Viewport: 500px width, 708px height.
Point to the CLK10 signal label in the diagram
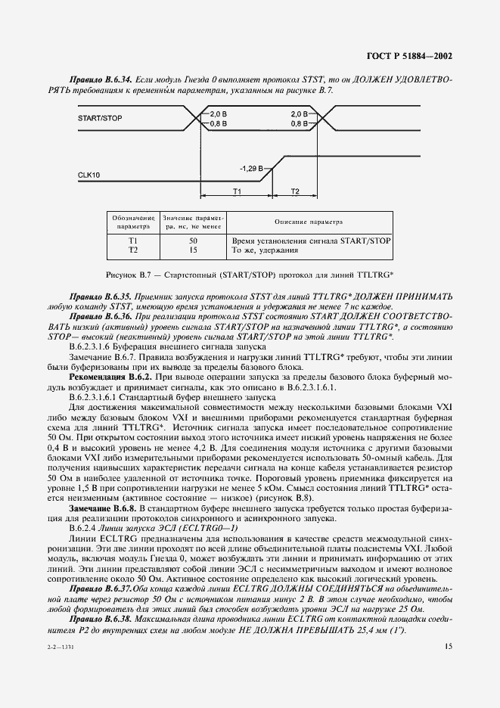tap(89, 175)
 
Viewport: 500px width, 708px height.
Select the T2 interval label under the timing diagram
tap(295, 193)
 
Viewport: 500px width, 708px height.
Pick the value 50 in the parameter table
tap(193, 239)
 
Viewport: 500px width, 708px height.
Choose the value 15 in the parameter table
tap(193, 249)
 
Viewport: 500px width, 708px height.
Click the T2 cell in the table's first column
tap(133, 249)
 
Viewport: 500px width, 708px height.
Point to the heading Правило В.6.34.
tap(96, 79)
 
